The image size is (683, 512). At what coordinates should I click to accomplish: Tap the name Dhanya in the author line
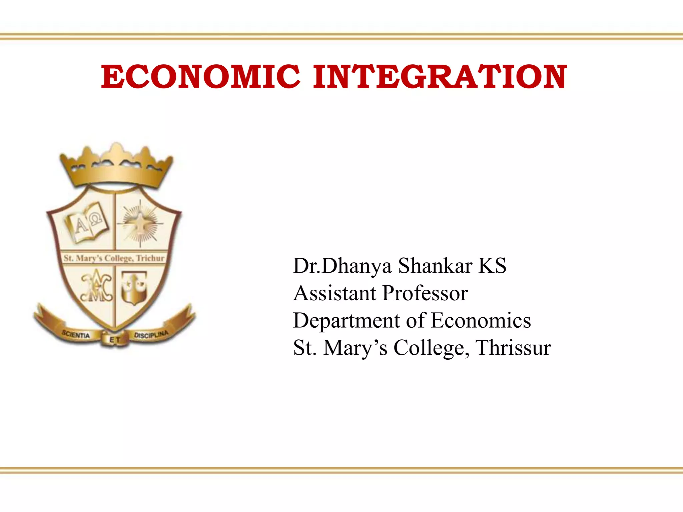[357, 266]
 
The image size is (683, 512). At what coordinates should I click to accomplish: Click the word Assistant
[335, 293]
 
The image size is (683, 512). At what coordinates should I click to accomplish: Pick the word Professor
[425, 293]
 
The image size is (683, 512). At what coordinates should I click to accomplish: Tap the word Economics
[481, 321]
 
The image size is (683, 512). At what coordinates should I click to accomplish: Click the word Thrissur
[513, 348]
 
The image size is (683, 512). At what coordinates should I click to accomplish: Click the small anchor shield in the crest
[134, 287]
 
